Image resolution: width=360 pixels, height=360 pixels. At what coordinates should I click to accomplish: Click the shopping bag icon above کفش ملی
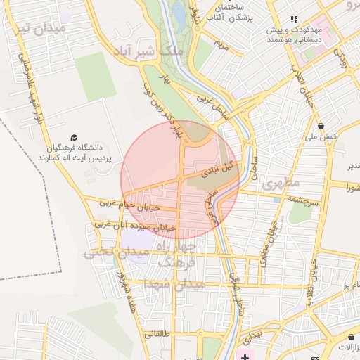coord(321,127)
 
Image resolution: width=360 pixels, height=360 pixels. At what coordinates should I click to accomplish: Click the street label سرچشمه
coord(302,202)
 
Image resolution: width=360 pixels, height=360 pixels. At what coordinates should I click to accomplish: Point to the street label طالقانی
coord(157,335)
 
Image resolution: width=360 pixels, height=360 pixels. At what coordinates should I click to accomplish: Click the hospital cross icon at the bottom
coord(244,358)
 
